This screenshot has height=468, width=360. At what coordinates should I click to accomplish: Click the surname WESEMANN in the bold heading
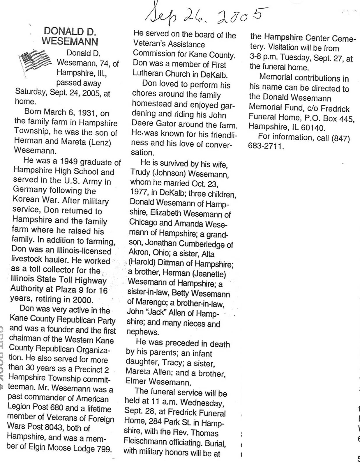tap(70, 41)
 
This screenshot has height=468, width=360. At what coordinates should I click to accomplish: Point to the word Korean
tap(26, 200)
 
